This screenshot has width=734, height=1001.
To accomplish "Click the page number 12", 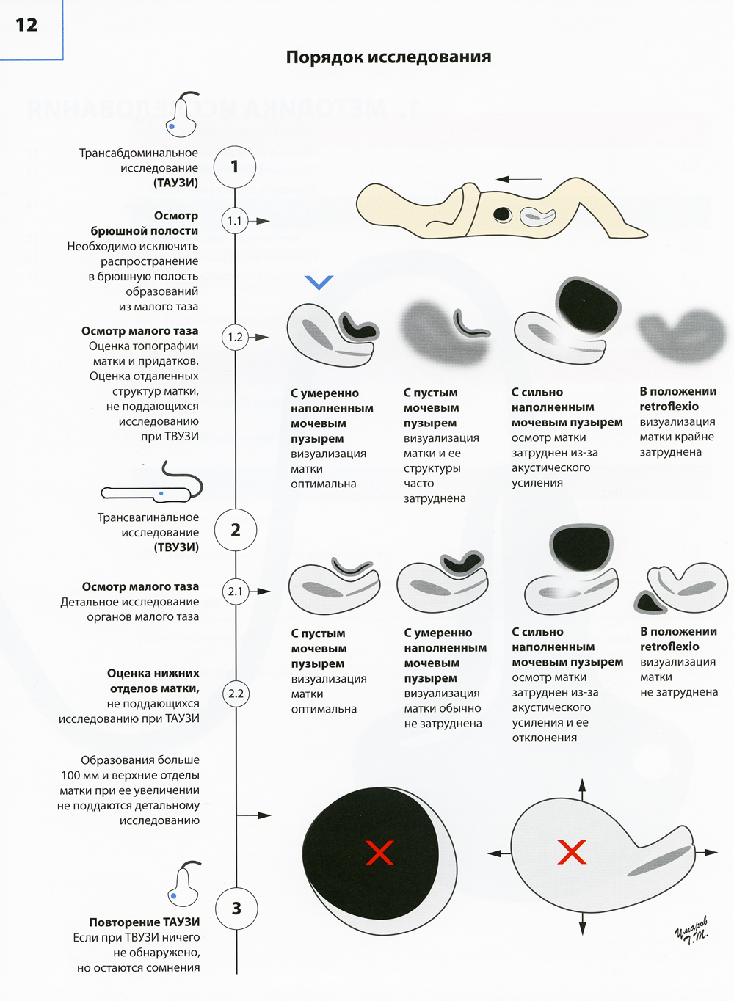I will pos(26,25).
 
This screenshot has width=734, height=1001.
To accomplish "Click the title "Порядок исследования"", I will pos(388,57).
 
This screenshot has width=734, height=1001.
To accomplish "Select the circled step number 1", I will pos(235,167).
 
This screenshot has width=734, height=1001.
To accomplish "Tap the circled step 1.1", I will pos(235,221).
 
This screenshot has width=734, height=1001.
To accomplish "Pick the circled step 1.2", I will pos(235,337).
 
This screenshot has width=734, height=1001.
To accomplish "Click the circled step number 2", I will pos(236,530).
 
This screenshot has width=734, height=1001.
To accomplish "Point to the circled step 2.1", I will pos(236,591).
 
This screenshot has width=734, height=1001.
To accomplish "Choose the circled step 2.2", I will pos(236,694).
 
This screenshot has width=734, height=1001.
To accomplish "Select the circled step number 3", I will pos(236,909).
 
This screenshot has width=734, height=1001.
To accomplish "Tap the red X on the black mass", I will pos(379,853).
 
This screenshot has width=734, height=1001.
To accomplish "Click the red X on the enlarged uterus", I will pos(572,852).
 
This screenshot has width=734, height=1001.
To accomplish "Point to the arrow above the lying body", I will pos(519,178).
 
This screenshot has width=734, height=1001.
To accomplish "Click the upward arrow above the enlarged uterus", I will pos(582,789).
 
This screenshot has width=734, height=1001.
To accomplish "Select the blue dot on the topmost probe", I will pos(172,127).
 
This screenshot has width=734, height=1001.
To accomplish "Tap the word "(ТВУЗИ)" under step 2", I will pos(176,547).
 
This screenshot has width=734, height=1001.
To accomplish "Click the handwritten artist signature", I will pos(692,930).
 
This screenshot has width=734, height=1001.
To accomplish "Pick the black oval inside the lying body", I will pos(502,214).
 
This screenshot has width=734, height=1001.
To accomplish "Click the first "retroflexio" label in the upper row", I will pos(669,407).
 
